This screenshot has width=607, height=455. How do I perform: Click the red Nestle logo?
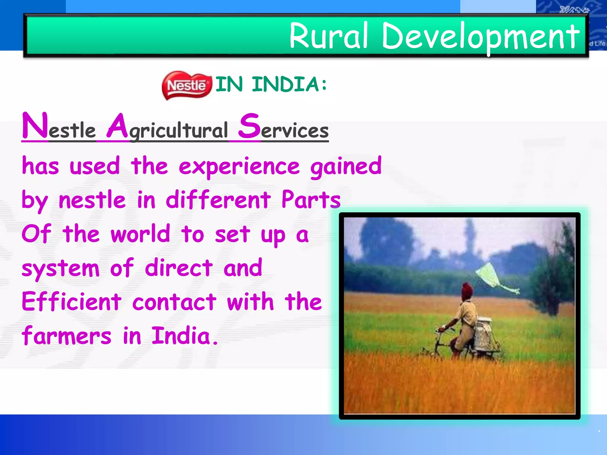pos(187,85)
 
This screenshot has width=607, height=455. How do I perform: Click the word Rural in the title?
pos(328,36)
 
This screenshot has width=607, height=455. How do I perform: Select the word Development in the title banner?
pos(480,37)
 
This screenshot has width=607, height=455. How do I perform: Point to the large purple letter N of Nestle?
pos(35,126)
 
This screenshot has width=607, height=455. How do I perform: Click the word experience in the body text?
pos(239,166)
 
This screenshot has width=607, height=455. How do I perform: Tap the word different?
pos(218,200)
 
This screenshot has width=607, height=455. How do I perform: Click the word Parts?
pos(311,200)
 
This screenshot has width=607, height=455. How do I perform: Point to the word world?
pos(140,234)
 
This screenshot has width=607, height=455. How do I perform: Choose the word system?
pos(60,268)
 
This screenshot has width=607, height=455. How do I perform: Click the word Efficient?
pos(71,302)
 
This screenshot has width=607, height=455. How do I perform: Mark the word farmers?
pos(67,336)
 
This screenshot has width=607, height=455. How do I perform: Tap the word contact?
pos(174,302)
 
